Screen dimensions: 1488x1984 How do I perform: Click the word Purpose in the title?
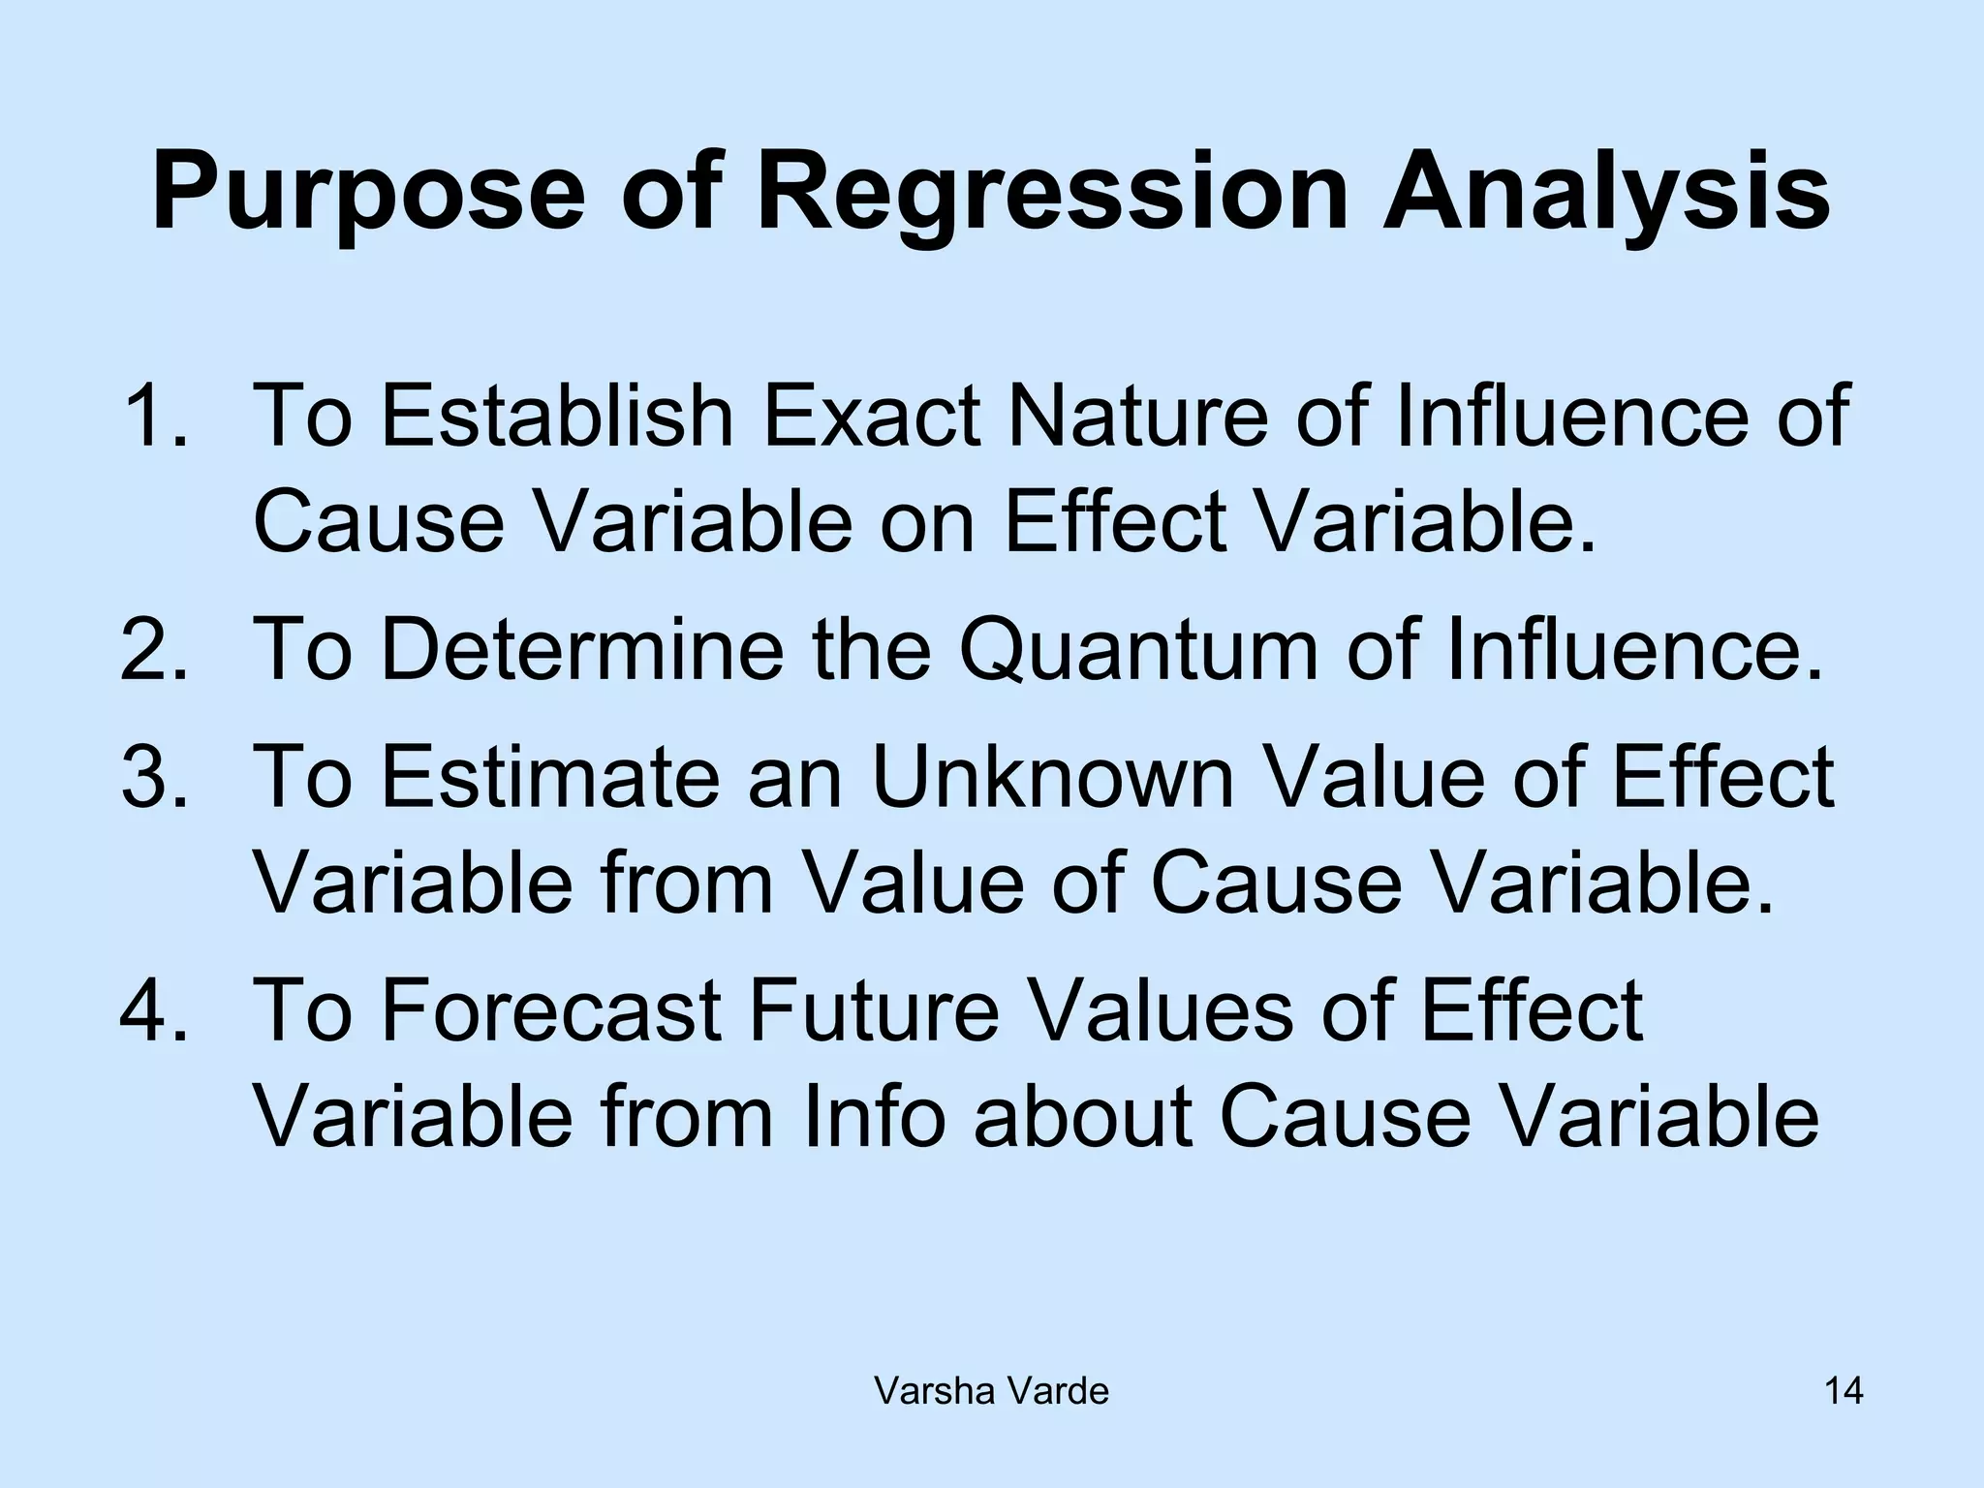tap(368, 194)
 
